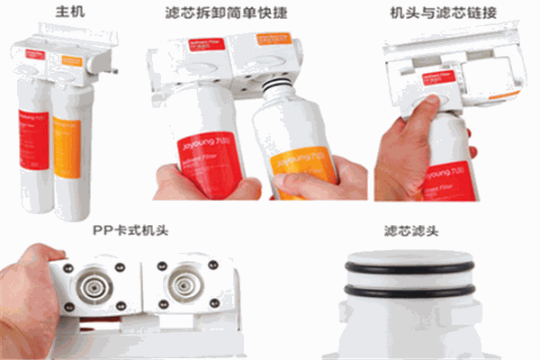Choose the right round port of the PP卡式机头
pyautogui.click(x=184, y=285)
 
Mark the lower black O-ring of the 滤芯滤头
pyautogui.click(x=410, y=290)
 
